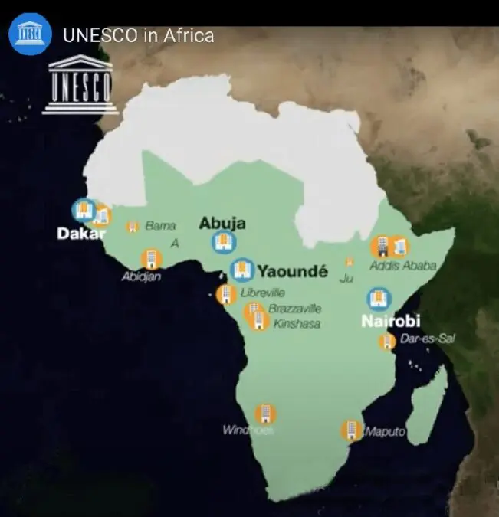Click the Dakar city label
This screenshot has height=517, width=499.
pyautogui.click(x=79, y=234)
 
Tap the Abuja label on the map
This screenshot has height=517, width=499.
pyautogui.click(x=222, y=223)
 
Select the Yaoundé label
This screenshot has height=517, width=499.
pyautogui.click(x=292, y=270)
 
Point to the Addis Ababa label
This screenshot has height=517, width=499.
pyautogui.click(x=402, y=266)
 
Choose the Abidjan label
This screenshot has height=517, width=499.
pyautogui.click(x=142, y=276)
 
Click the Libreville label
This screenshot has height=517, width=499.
pyautogui.click(x=262, y=293)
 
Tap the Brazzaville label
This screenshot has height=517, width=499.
pyautogui.click(x=294, y=309)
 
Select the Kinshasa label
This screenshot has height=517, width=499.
pyautogui.click(x=297, y=324)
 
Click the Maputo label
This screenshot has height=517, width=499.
pyautogui.click(x=385, y=432)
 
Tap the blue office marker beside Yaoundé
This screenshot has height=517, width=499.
pyautogui.click(x=241, y=270)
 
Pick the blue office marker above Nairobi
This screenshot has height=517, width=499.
pyautogui.click(x=379, y=299)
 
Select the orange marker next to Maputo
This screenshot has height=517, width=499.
pyautogui.click(x=352, y=430)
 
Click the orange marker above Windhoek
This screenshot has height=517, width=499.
pyautogui.click(x=265, y=414)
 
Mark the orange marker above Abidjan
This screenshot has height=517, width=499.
pyautogui.click(x=151, y=258)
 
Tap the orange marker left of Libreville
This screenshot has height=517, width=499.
pyautogui.click(x=226, y=294)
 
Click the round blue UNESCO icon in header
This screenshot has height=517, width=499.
pyautogui.click(x=30, y=35)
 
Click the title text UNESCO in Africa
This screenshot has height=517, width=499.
pyautogui.click(x=138, y=35)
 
